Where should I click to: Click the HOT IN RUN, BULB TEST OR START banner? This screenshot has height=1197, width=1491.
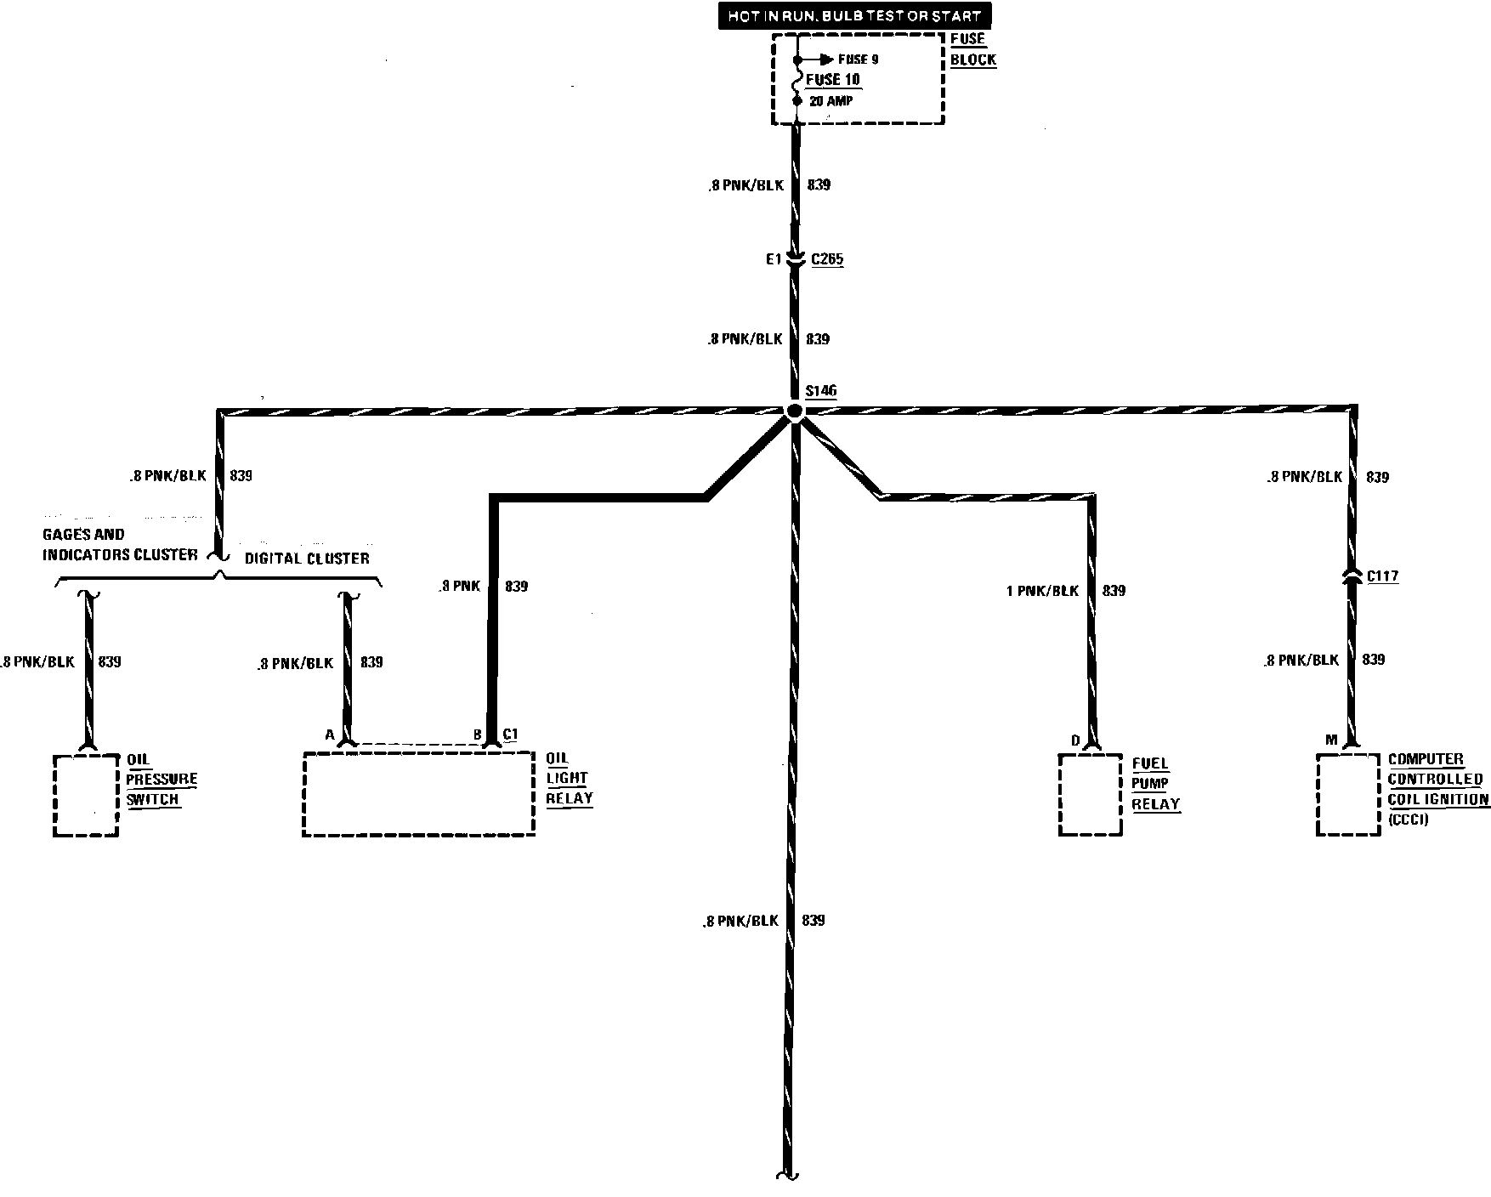tap(854, 16)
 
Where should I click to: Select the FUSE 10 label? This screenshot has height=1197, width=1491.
tap(834, 80)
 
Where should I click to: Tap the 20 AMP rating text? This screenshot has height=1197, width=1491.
tap(831, 101)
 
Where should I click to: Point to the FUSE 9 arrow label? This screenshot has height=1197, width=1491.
tap(857, 60)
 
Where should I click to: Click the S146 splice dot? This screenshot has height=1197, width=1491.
tap(794, 412)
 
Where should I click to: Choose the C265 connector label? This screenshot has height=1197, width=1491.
tap(827, 259)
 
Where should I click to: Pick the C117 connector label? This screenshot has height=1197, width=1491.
tap(1382, 576)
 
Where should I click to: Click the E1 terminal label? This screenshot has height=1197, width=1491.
tap(773, 260)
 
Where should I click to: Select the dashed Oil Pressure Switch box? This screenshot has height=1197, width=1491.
tap(85, 795)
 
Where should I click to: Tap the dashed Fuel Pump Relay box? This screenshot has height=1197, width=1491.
tap(1089, 795)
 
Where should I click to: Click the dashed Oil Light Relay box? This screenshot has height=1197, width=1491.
tap(418, 793)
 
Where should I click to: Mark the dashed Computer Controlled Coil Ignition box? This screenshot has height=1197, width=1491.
tap(1347, 795)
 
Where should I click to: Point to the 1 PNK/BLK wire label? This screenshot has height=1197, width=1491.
tap(1042, 591)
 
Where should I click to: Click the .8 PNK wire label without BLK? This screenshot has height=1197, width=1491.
tap(460, 586)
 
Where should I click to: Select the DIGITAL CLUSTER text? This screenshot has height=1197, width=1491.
tap(307, 559)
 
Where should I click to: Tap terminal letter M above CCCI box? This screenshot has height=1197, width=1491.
tap(1331, 740)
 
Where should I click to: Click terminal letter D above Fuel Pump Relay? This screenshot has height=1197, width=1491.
tap(1075, 741)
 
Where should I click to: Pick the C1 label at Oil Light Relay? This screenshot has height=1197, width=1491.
tap(510, 735)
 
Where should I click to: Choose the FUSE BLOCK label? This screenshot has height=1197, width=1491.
tap(972, 49)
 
